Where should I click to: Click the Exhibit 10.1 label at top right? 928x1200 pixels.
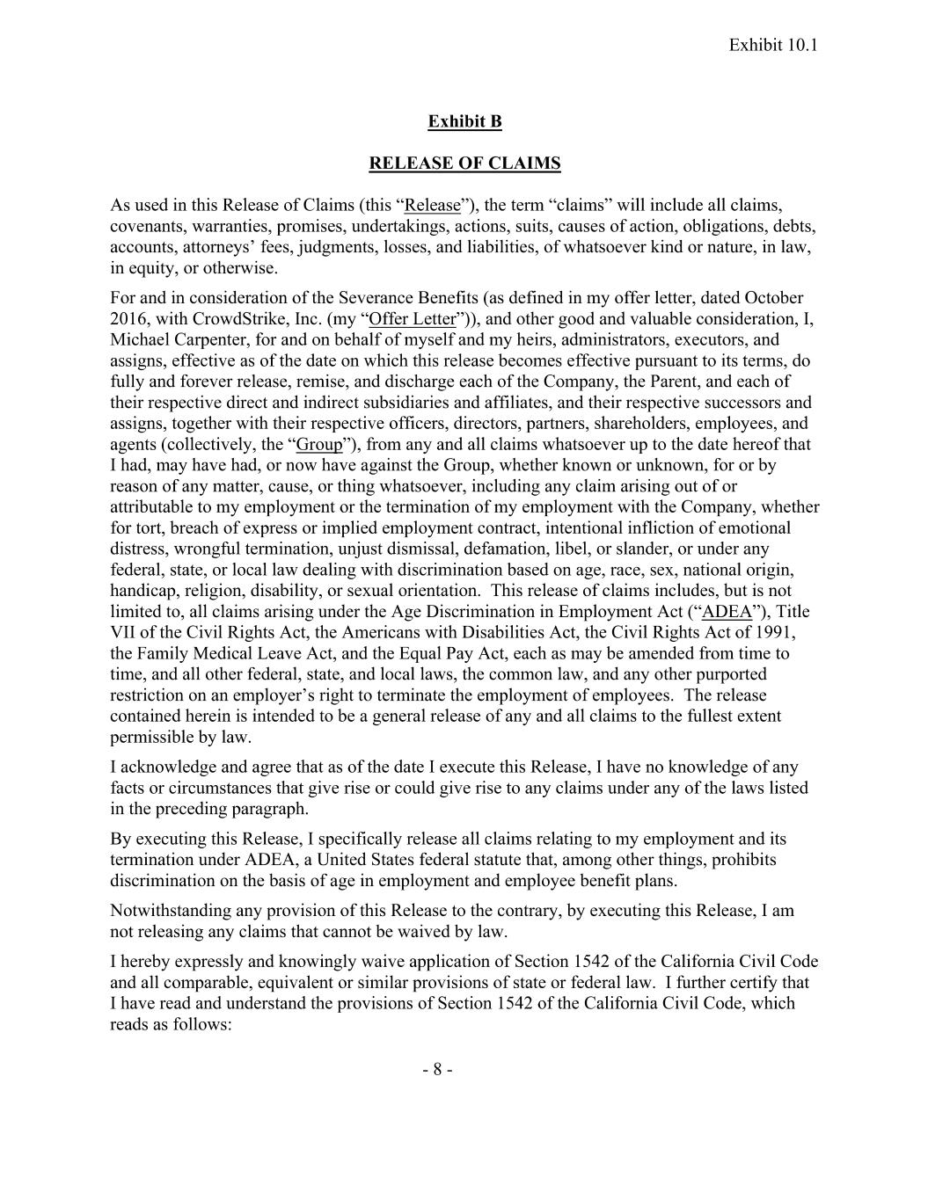pos(773,44)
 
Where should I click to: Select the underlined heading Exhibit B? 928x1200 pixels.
pos(464,121)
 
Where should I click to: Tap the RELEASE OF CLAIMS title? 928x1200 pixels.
pos(464,164)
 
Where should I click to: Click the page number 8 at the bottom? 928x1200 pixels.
pos(437,1070)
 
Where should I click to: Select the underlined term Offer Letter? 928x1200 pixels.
pos(413,319)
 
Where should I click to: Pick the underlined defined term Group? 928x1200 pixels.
pos(319,445)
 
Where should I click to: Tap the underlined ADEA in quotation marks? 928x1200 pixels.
pos(727,612)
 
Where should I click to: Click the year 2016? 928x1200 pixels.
pos(128,319)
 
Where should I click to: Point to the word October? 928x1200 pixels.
pos(774,298)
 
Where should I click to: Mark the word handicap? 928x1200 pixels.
pos(142,592)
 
